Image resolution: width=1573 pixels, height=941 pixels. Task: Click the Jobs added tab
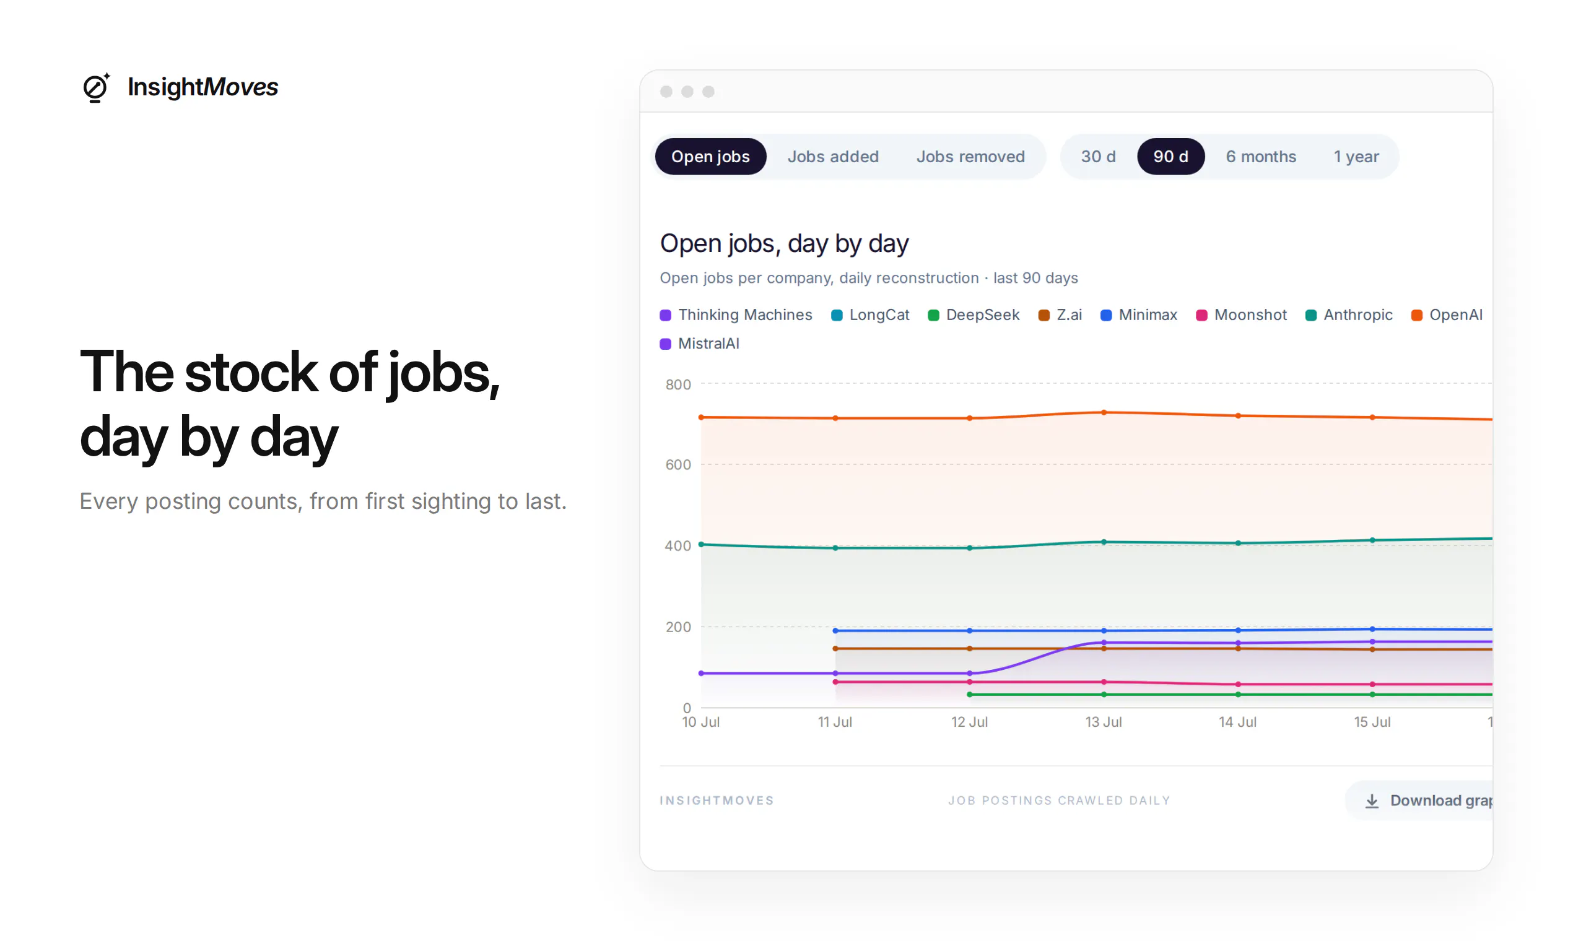click(833, 157)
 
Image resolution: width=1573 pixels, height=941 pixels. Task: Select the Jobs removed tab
click(970, 157)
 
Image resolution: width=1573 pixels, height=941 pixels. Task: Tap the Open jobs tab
click(710, 157)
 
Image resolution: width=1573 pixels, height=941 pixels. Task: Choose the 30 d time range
click(1098, 157)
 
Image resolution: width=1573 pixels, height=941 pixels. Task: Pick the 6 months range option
click(1261, 157)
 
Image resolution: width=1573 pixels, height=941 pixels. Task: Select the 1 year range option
click(1356, 157)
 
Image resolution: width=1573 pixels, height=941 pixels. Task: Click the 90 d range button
click(1170, 157)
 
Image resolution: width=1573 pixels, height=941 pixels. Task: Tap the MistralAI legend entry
click(700, 344)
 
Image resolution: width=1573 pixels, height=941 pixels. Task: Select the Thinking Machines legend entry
click(736, 315)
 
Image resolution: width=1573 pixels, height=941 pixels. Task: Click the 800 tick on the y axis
click(678, 384)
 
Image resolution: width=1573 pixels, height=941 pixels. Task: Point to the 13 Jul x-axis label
click(1104, 722)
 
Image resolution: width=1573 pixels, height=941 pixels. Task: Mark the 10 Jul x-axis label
click(701, 722)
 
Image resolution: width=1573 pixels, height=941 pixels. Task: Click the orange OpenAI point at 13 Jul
click(1104, 413)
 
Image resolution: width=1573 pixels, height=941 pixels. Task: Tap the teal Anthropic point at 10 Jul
click(701, 544)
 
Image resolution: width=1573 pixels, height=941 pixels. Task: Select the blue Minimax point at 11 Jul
click(835, 631)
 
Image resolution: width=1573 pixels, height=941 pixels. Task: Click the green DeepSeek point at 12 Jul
click(970, 695)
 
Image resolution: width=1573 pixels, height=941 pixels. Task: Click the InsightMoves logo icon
click(97, 87)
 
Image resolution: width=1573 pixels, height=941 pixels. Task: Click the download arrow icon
click(1372, 801)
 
